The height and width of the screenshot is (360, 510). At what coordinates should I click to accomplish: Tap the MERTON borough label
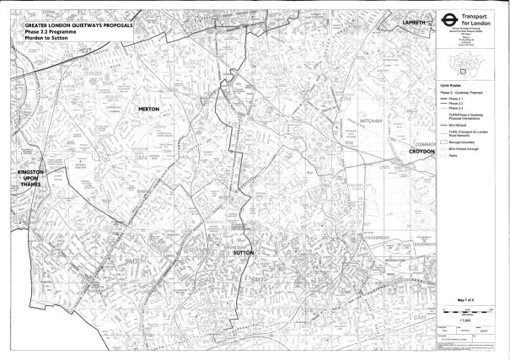click(148, 110)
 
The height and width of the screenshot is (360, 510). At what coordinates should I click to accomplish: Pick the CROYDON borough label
click(421, 151)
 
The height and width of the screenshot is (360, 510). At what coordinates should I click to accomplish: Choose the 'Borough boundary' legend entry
click(464, 142)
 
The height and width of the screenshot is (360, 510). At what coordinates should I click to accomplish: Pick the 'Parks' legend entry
click(454, 156)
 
